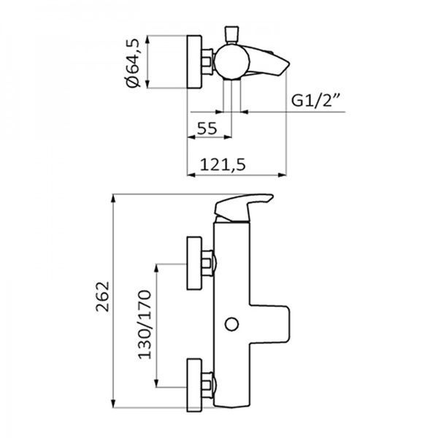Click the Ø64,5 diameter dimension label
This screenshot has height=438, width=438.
(133, 63)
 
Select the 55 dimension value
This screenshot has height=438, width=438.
(207, 128)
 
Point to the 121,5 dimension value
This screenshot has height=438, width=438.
(223, 164)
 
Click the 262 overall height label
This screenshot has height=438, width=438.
(102, 296)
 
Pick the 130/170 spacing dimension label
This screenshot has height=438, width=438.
(145, 324)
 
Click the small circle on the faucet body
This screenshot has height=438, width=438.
(231, 324)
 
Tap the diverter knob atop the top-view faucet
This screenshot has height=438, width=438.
(232, 34)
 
